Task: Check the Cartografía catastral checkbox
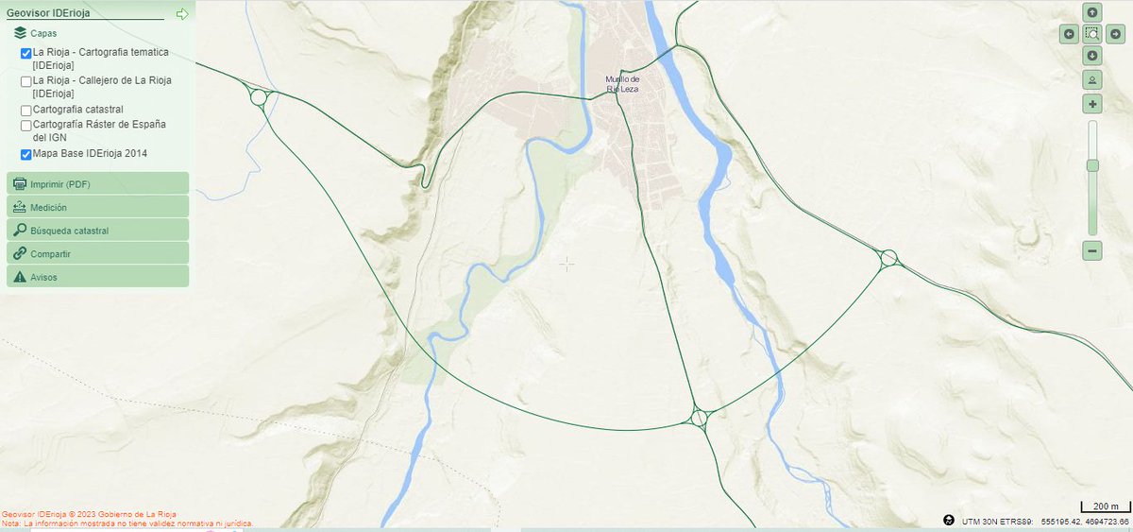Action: coord(26,111)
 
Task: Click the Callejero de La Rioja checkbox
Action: coord(26,82)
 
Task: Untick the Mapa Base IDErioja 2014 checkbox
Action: coord(26,154)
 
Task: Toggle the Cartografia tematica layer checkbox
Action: coord(26,54)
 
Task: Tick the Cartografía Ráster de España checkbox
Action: coord(26,126)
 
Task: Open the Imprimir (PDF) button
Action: coord(97,183)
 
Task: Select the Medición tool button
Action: coord(97,207)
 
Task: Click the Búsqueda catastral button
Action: coord(97,230)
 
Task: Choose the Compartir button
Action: coord(97,253)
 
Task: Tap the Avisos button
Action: coord(97,277)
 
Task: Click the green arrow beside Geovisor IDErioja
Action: coord(182,14)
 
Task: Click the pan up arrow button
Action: coord(1092,12)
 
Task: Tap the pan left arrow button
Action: coord(1069,34)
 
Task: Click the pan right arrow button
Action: coord(1116,34)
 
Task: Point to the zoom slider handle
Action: coord(1092,165)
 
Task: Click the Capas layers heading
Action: coord(42,33)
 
